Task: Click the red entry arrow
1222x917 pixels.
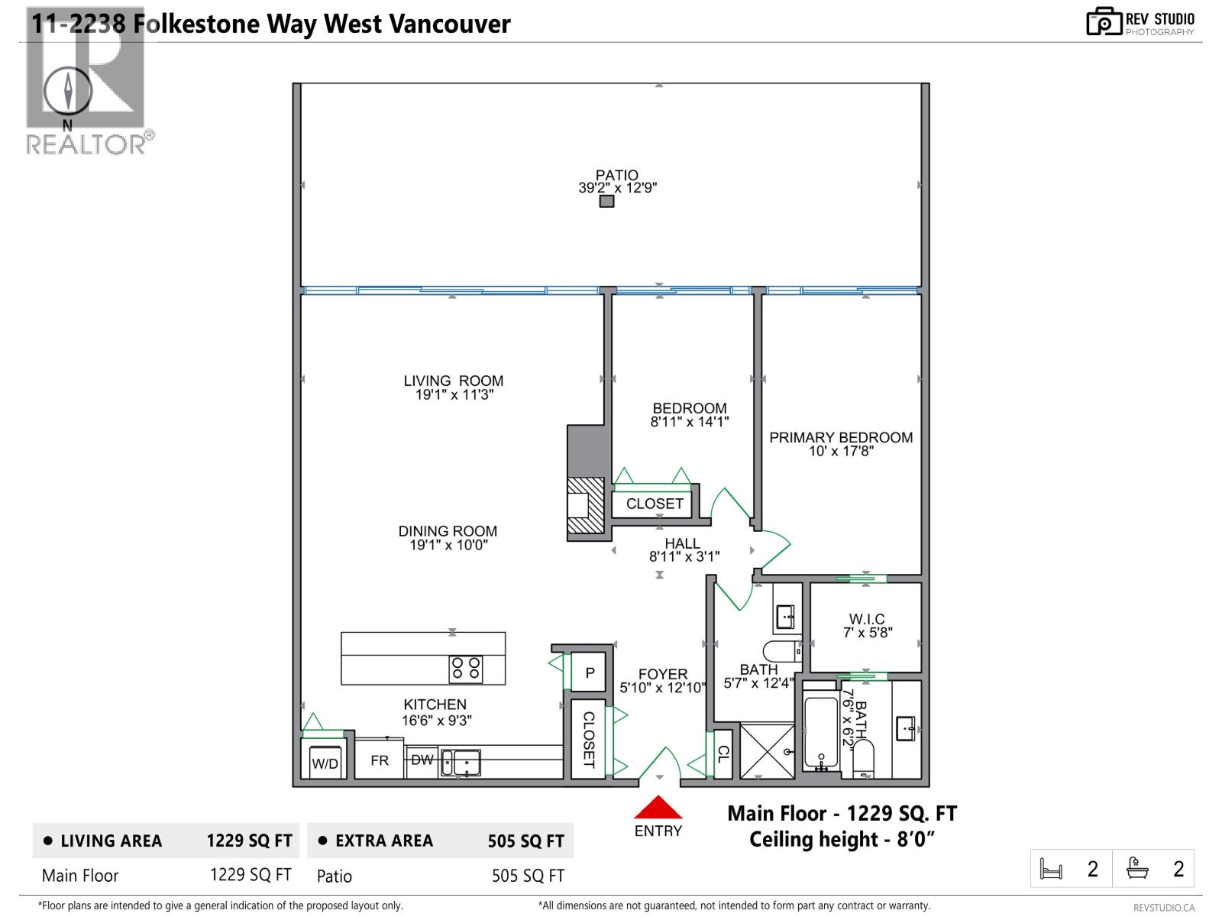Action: pos(658,808)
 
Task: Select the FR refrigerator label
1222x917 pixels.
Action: pos(380,761)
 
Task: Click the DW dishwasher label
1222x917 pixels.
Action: pos(422,760)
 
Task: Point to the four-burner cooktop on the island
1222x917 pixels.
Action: pos(466,669)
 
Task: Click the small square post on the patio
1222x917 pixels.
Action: pos(606,202)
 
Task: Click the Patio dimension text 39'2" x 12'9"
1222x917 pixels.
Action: pos(617,188)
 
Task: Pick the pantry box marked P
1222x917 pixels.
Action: pos(590,672)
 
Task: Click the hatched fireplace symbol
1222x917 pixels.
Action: pos(586,505)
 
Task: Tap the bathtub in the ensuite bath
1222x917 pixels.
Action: pos(821,731)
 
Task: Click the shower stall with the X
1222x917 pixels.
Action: pos(768,751)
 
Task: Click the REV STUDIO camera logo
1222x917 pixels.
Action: pos(1104,21)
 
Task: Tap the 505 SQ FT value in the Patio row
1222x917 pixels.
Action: pos(528,876)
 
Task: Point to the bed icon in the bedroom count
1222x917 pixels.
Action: pos(1052,870)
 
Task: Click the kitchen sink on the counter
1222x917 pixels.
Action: pos(461,762)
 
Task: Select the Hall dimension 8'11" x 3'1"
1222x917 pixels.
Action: pos(684,557)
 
